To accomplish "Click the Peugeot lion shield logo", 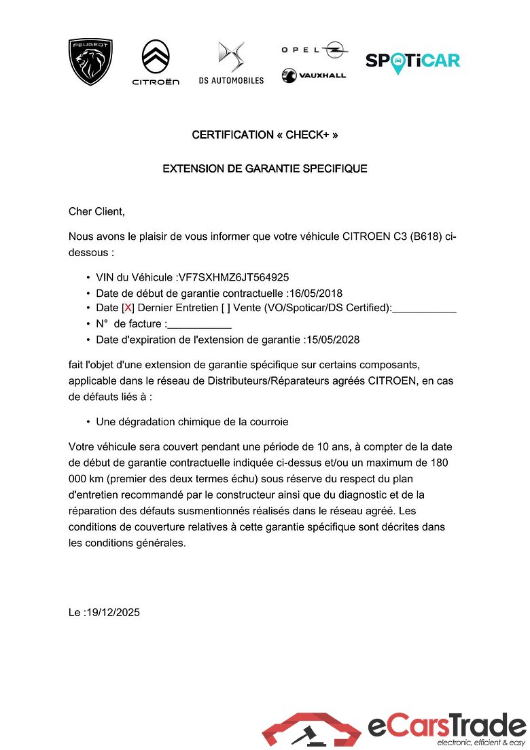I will click(x=90, y=62).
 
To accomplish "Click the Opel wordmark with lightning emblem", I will click(x=315, y=50).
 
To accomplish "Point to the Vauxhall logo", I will click(x=314, y=75).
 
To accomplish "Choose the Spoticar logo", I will click(x=412, y=61).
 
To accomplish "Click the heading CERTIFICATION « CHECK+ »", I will click(x=265, y=135).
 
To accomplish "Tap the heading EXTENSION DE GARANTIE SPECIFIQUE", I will click(x=265, y=168).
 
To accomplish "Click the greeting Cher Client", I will click(x=97, y=211).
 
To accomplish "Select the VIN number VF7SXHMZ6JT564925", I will click(x=234, y=277).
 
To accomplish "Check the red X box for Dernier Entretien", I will click(x=128, y=308).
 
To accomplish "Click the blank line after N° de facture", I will click(x=199, y=325).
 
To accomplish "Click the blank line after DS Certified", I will click(x=424, y=309).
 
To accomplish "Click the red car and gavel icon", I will click(x=311, y=730).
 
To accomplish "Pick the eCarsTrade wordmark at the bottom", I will click(x=446, y=726).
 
